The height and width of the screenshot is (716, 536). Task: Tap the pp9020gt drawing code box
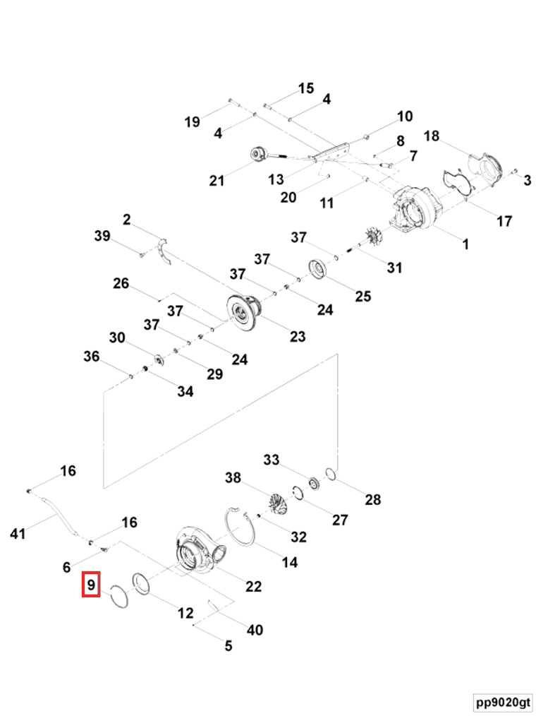tap(503, 703)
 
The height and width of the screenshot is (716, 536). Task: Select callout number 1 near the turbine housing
tap(465, 244)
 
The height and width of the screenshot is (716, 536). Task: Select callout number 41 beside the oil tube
tap(18, 533)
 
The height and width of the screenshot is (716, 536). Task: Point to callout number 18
tap(432, 136)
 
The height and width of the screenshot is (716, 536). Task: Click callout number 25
tap(363, 295)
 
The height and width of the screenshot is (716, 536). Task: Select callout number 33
tap(272, 460)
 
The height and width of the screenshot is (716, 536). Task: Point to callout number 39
tap(102, 236)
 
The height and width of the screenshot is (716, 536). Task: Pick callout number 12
tap(185, 613)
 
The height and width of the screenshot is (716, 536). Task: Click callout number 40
tap(255, 628)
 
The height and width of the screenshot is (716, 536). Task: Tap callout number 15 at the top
tap(305, 89)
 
